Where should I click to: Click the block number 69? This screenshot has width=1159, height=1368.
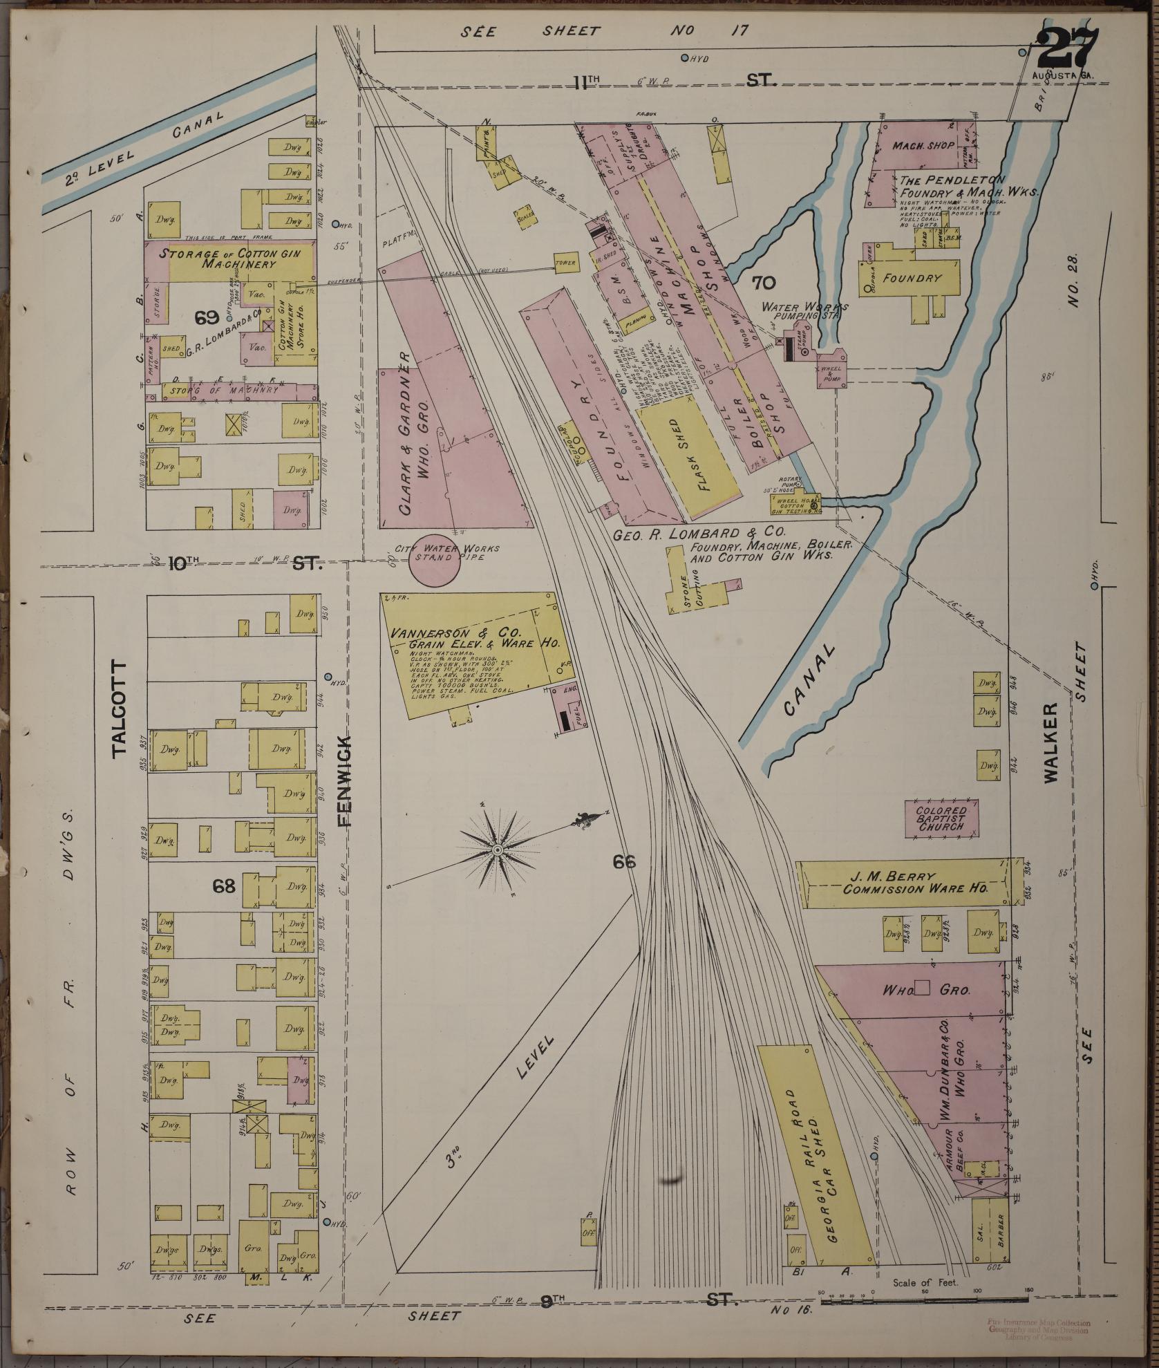pos(206,317)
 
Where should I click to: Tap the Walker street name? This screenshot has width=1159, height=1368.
pos(1050,743)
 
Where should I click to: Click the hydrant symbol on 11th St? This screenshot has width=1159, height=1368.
pos(685,59)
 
